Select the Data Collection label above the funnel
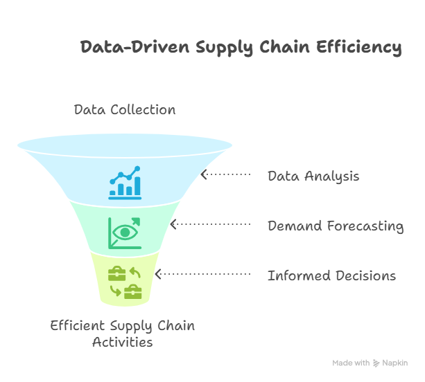(125, 109)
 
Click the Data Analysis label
(313, 176)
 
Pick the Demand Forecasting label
(336, 226)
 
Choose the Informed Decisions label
(331, 275)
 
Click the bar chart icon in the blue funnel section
(125, 183)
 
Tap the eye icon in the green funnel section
(125, 233)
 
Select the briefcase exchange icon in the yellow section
(125, 282)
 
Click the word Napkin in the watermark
(395, 363)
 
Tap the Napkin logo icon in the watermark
(376, 363)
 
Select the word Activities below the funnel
(123, 342)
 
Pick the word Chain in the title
(285, 47)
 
